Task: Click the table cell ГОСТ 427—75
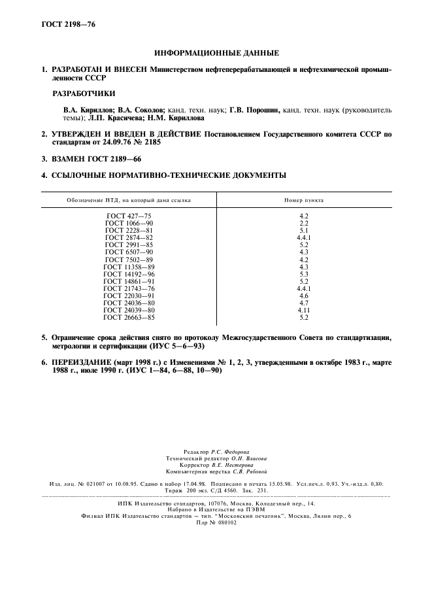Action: click(x=129, y=216)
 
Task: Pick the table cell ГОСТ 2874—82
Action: click(x=129, y=237)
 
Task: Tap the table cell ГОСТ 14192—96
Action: click(x=129, y=273)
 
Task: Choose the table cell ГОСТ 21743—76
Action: click(x=129, y=288)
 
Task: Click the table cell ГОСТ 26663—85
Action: click(x=129, y=317)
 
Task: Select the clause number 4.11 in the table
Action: click(x=303, y=310)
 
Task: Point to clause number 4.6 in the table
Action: click(x=303, y=296)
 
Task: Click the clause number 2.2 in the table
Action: click(x=303, y=223)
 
